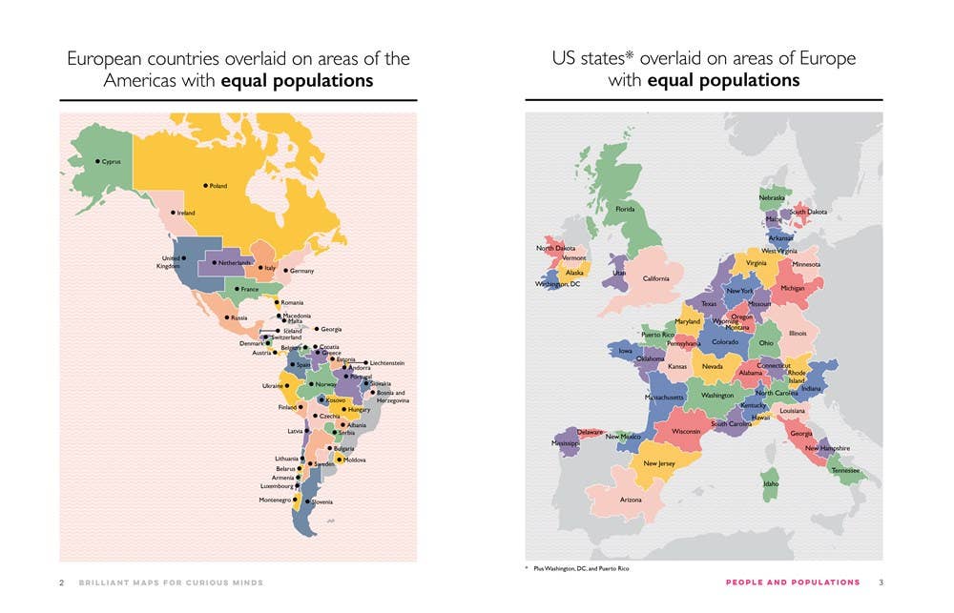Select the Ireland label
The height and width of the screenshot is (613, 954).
(186, 213)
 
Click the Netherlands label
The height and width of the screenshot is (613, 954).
(235, 262)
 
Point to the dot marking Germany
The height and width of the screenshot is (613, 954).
(285, 271)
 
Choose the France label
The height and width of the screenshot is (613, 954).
(249, 289)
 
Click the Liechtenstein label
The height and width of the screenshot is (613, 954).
(386, 363)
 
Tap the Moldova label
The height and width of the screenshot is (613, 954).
(355, 460)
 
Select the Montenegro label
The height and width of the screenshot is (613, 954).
(275, 500)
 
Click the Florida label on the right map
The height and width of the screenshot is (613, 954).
(626, 208)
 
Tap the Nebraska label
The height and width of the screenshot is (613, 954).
(772, 197)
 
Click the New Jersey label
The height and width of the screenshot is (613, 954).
(659, 463)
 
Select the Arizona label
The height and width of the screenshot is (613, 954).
(631, 500)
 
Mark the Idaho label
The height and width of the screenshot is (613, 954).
(771, 483)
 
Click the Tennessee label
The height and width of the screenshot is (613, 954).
(845, 470)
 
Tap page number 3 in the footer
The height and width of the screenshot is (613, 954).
(881, 582)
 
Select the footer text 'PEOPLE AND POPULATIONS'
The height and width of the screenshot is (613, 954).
(793, 582)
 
